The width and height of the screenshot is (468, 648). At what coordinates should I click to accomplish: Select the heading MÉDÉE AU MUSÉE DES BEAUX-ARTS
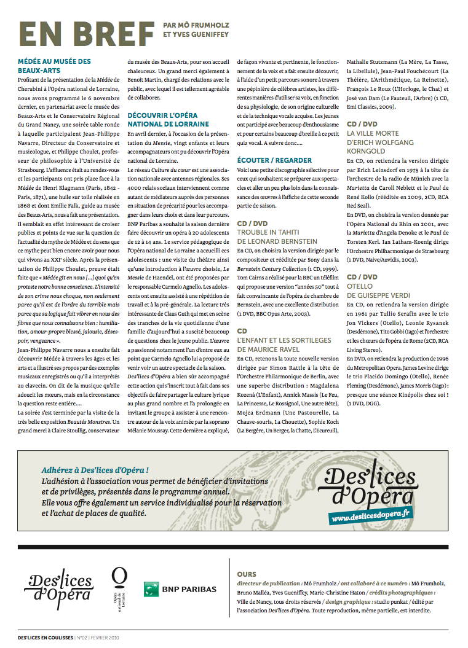click(x=54, y=66)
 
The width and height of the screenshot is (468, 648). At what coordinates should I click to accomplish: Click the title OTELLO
click(x=360, y=286)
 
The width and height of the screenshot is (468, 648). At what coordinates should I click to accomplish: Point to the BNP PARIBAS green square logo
click(x=152, y=589)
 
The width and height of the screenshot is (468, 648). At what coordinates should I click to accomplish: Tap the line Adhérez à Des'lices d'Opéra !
click(x=95, y=470)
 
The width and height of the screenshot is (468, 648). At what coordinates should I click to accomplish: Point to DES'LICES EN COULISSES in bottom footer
click(x=45, y=638)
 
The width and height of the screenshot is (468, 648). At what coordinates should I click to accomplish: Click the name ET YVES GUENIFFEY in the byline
click(x=196, y=34)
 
